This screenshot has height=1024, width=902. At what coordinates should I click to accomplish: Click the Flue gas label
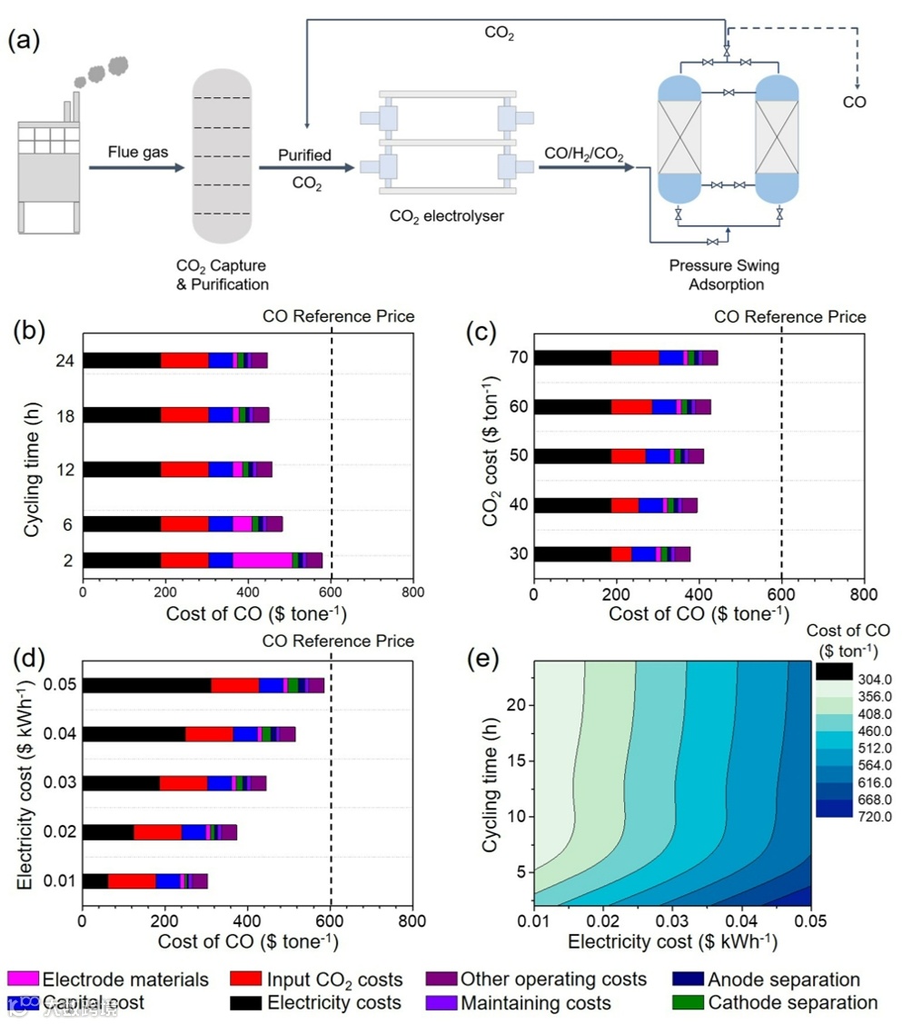point(134,151)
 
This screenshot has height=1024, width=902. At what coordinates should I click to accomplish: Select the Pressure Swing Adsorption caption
point(724,274)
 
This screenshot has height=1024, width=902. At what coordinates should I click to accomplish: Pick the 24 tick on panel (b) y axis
point(66,360)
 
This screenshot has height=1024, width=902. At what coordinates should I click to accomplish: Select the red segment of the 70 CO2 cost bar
point(634,357)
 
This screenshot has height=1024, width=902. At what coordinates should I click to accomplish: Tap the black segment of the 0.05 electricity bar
point(146,685)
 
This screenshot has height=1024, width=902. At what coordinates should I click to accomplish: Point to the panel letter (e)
point(482,658)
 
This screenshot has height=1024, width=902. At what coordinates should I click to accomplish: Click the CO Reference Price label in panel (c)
point(790,316)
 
